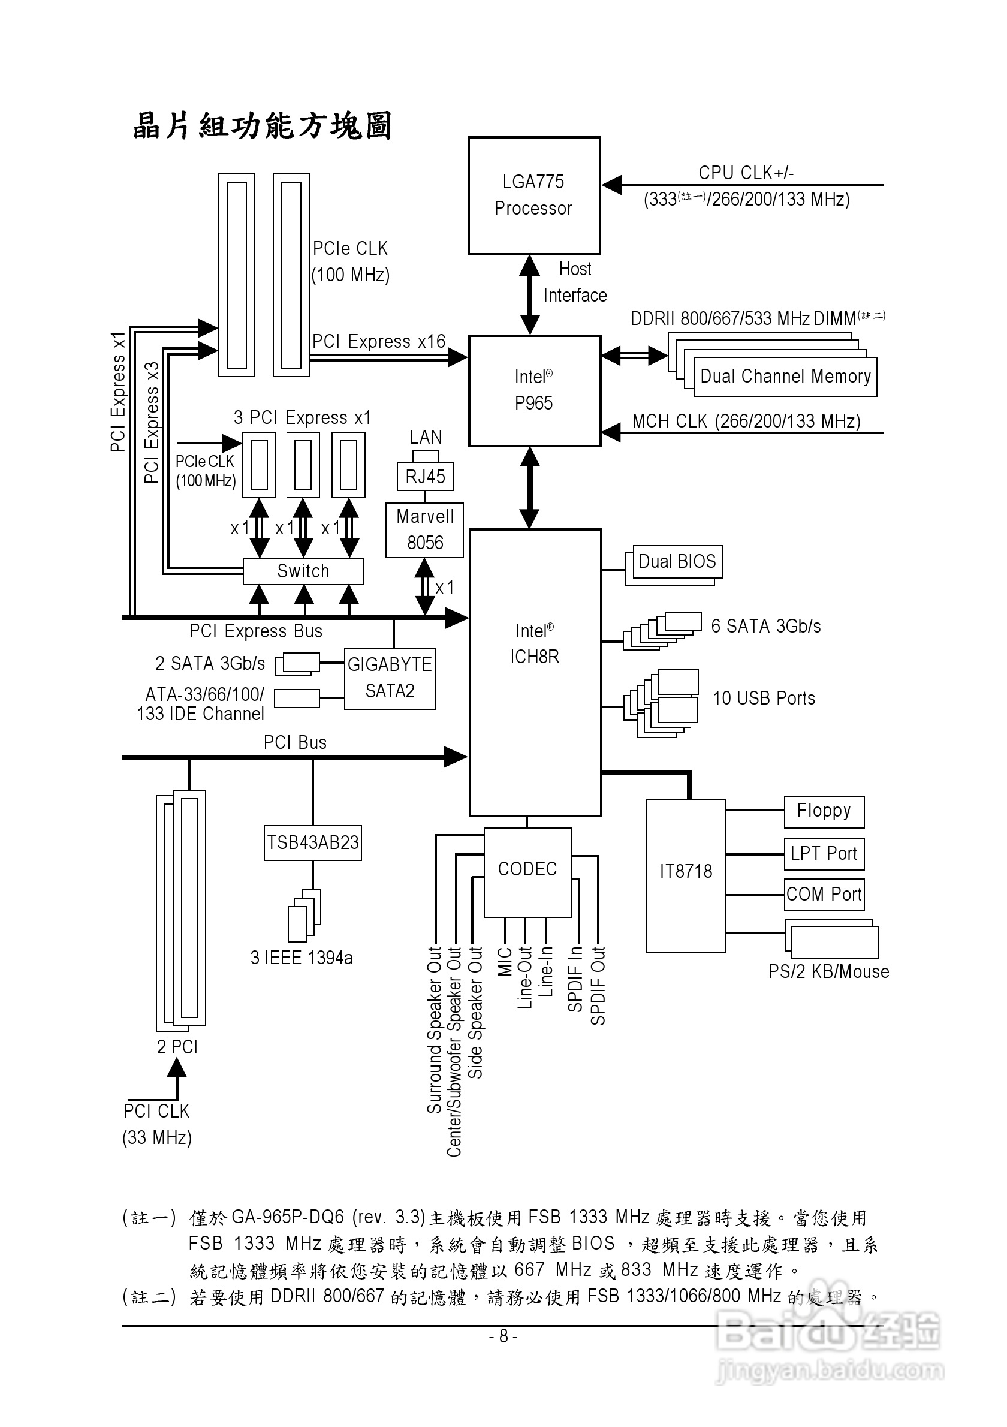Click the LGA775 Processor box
(x=533, y=195)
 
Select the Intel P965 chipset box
(x=534, y=390)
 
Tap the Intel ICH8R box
(x=535, y=672)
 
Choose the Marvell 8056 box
(x=425, y=529)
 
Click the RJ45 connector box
(x=426, y=477)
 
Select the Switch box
(x=303, y=571)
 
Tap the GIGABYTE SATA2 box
(x=390, y=678)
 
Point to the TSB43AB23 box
(x=312, y=842)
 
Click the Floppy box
(x=824, y=812)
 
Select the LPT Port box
(x=824, y=854)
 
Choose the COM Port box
(x=824, y=895)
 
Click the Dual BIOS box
(x=677, y=562)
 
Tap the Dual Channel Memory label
(x=785, y=377)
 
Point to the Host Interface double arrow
(x=529, y=294)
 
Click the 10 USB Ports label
(x=764, y=699)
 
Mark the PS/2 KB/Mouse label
(x=828, y=971)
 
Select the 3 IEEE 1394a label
(x=302, y=958)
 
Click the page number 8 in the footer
(x=503, y=1336)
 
